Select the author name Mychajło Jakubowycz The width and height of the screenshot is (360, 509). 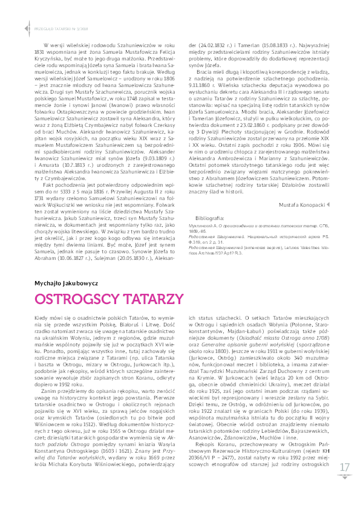tap(63, 282)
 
